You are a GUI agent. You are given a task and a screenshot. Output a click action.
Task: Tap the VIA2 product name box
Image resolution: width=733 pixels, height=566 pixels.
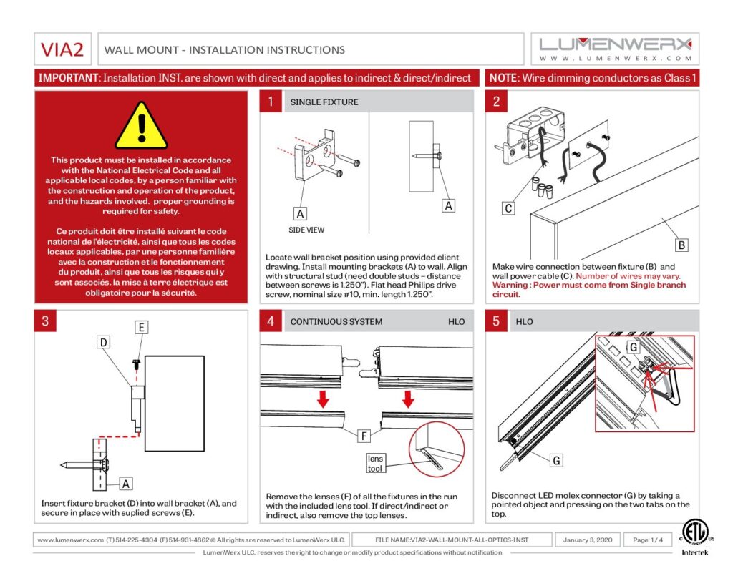pyautogui.click(x=62, y=49)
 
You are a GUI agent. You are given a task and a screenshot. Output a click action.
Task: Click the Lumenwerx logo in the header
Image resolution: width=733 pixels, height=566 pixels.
pyautogui.click(x=615, y=48)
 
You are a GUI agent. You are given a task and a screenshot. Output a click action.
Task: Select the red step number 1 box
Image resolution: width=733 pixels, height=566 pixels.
pyautogui.click(x=270, y=102)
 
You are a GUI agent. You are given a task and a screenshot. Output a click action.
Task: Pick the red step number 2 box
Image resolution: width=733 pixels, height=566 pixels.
pyautogui.click(x=496, y=102)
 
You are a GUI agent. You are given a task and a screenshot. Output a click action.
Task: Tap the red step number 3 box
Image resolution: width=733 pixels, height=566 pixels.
pyautogui.click(x=45, y=321)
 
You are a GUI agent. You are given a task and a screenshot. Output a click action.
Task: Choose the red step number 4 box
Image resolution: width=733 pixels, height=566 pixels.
pyautogui.click(x=270, y=321)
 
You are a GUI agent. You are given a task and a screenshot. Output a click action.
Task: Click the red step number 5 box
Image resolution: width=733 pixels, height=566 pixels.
pyautogui.click(x=496, y=321)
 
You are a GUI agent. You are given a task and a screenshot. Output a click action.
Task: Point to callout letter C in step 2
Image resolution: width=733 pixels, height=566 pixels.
pyautogui.click(x=508, y=208)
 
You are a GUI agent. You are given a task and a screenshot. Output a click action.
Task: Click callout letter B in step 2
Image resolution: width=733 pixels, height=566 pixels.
pyautogui.click(x=681, y=245)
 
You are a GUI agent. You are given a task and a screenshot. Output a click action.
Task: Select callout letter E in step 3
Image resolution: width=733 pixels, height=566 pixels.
pyautogui.click(x=142, y=327)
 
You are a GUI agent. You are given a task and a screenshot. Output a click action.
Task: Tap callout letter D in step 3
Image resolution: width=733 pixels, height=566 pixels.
pyautogui.click(x=104, y=343)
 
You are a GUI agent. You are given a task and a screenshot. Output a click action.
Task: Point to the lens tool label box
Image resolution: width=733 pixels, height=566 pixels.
pyautogui.click(x=376, y=463)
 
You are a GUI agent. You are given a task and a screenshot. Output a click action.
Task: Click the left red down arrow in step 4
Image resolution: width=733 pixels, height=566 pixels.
pyautogui.click(x=324, y=398)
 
